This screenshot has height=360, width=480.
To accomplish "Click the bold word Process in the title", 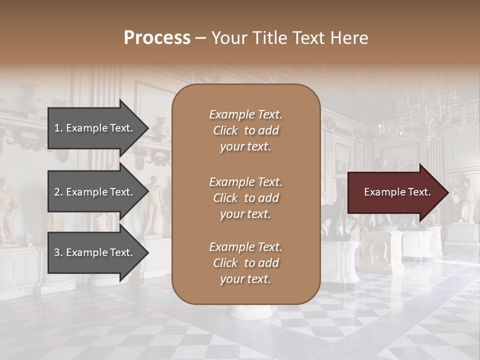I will point(157,37).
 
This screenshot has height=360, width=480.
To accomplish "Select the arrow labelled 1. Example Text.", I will point(95,128).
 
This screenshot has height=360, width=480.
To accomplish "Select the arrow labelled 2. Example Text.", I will point(95,192).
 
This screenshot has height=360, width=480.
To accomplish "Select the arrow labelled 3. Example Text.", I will point(95,252).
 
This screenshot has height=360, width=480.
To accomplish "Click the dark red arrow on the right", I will point(395,192).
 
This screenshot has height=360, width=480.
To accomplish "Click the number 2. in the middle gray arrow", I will point(58,192).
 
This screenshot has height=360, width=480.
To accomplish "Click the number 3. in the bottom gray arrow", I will point(58,252).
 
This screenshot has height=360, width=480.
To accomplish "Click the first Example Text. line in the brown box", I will point(245,114).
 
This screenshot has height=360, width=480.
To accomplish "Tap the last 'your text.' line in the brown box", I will point(245,279).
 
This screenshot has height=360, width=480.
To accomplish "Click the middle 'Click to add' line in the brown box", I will point(245,198).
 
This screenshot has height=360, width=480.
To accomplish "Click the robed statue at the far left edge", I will point(7,210).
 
